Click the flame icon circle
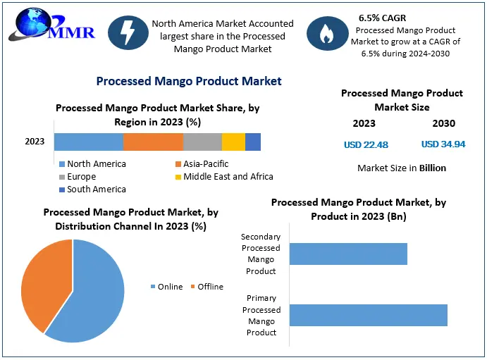click(x=326, y=35)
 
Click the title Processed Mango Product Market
click(x=189, y=81)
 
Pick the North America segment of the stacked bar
click(x=89, y=142)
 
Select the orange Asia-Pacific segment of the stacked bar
click(x=153, y=142)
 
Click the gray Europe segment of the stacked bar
click(x=202, y=142)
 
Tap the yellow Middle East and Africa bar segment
click(x=233, y=142)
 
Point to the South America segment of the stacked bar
click(x=253, y=142)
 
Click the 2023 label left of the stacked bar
click(x=35, y=142)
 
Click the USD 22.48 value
click(x=366, y=144)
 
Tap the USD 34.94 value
click(x=443, y=144)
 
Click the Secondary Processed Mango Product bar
click(x=348, y=254)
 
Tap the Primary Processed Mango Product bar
click(x=368, y=315)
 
